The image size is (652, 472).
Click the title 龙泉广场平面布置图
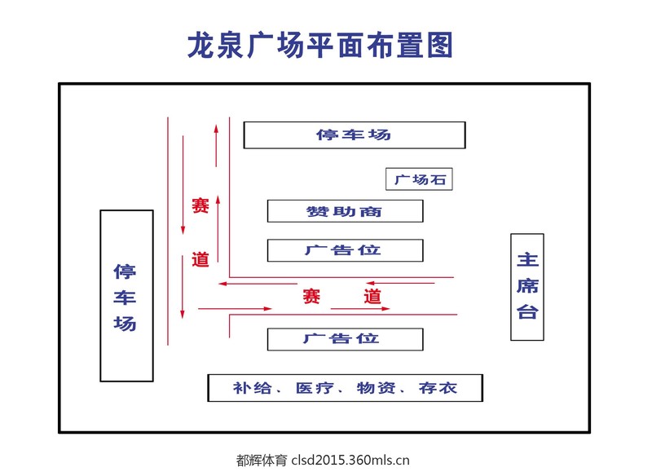[x=320, y=45]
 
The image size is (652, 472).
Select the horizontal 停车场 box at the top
[x=355, y=135]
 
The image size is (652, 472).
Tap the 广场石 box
[x=419, y=179]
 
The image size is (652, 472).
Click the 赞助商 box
[x=345, y=211]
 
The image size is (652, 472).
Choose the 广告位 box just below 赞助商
[x=345, y=250]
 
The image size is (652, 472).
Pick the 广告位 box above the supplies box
[x=345, y=339]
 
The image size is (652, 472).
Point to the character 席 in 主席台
[x=527, y=286]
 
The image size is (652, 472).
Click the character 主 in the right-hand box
[x=527, y=260]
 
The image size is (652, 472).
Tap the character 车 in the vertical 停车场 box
[x=125, y=298]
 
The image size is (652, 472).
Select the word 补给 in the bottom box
[x=252, y=388]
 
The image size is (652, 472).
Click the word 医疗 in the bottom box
[x=315, y=388]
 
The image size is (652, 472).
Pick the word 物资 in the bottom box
[x=377, y=388]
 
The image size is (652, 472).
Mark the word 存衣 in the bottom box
[x=438, y=388]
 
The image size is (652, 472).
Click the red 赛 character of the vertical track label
[x=200, y=205]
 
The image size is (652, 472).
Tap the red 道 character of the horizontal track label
[x=372, y=296]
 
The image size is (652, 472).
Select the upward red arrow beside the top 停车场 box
[x=216, y=145]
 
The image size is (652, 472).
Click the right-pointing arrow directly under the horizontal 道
[x=360, y=309]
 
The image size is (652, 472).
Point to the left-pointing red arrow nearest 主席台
[x=400, y=283]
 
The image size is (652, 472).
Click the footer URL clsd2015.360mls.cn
[x=350, y=460]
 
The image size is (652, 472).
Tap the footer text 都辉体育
[x=262, y=460]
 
